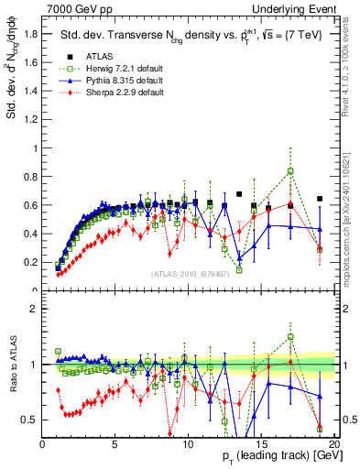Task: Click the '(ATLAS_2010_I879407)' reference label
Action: (x=189, y=274)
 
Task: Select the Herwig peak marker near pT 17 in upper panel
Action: (x=290, y=171)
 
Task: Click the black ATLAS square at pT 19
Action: (x=320, y=198)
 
